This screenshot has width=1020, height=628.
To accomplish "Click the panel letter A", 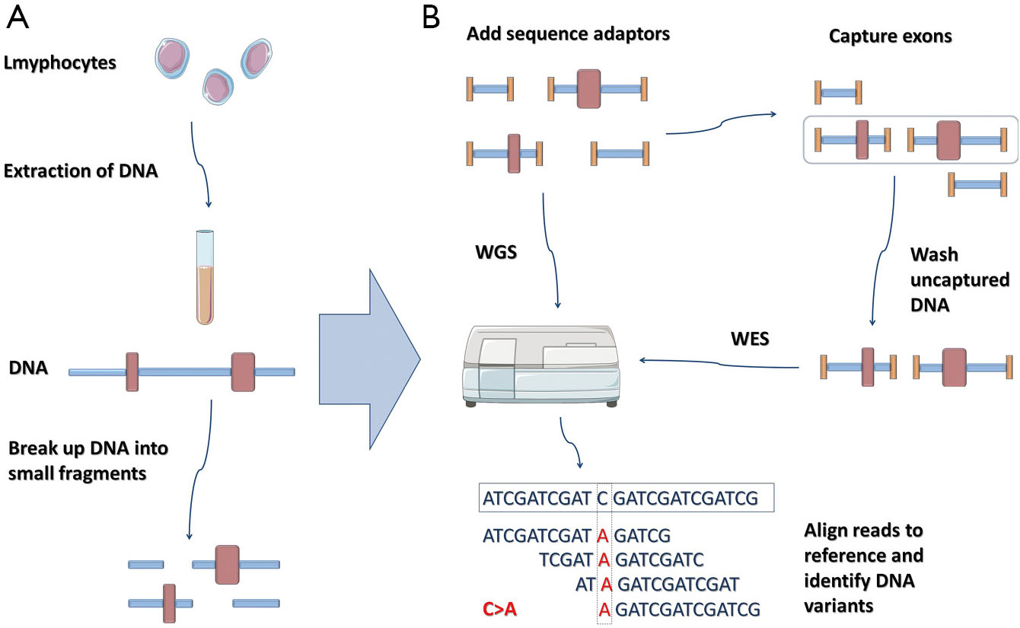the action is click(18, 18).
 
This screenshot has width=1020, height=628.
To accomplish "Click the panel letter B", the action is click(431, 18).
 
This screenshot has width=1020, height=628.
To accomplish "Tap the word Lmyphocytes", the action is click(59, 63).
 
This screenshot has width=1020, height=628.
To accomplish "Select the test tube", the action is click(205, 277).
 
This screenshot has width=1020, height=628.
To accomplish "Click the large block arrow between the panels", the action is click(369, 359).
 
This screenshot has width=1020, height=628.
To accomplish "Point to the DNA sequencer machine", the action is click(541, 365).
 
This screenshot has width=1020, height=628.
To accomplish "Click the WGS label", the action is click(496, 252).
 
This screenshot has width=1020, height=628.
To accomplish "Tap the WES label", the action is click(750, 339).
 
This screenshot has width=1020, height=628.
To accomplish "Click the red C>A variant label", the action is click(499, 609).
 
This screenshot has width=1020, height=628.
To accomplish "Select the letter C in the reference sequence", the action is click(602, 499).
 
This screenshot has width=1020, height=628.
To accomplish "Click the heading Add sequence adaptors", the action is click(568, 33).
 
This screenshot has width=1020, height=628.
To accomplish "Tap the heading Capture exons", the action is click(891, 36).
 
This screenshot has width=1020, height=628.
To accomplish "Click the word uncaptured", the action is click(960, 279).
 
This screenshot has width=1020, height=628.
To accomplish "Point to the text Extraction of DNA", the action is click(81, 171).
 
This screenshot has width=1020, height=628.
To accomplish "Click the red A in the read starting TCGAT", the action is click(604, 559).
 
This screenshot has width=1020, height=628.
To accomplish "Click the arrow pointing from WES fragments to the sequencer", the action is click(719, 363).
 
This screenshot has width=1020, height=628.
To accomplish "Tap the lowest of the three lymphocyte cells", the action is click(218, 87).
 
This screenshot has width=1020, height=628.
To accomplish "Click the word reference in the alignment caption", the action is click(863, 556).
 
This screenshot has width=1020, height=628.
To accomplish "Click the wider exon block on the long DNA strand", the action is click(243, 371).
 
